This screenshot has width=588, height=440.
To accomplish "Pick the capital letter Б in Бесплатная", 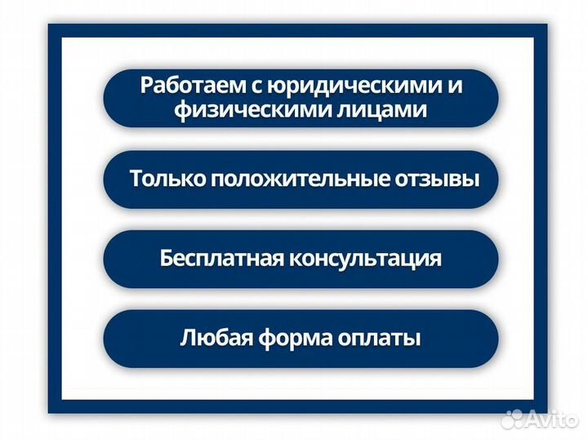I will point(167,260).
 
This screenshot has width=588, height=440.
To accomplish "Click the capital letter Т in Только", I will point(136,180).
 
